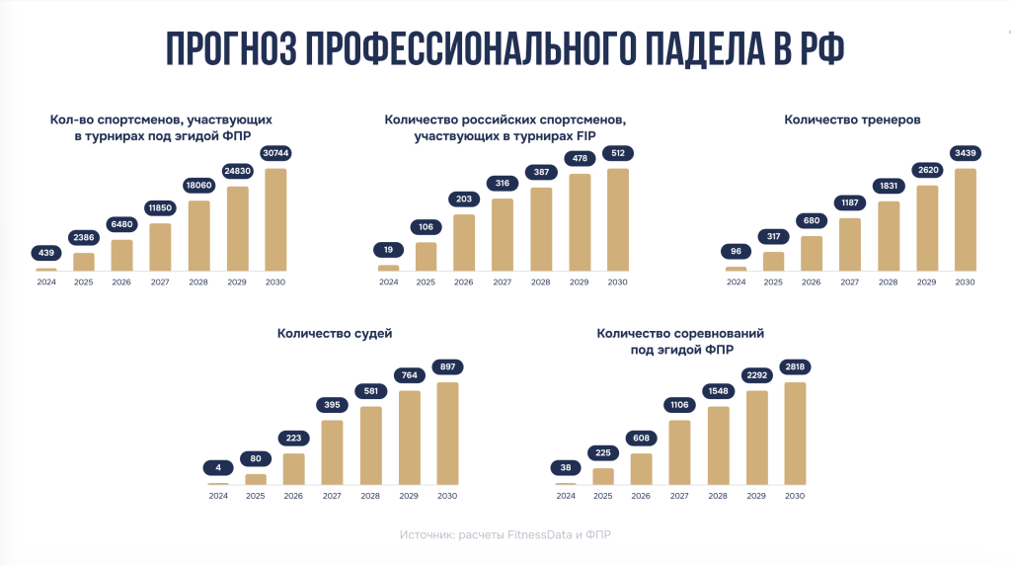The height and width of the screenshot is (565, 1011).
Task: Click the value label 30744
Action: point(275,153)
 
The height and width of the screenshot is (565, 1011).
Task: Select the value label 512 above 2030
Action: point(617,153)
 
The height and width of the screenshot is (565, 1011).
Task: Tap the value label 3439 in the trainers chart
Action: point(965,153)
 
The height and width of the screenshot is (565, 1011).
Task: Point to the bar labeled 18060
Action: point(198,235)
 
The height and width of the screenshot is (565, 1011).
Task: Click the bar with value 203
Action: point(464,242)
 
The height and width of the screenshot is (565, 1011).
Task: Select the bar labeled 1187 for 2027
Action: point(850,244)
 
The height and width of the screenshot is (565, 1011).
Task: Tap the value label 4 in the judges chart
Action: point(217,467)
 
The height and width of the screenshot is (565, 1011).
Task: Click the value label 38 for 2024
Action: point(565,467)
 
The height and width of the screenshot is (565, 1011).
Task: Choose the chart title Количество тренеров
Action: point(852,121)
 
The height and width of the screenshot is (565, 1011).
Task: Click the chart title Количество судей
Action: point(328,334)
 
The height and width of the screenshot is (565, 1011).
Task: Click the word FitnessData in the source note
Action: point(543,534)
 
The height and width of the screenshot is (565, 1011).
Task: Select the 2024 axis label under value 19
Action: point(389,282)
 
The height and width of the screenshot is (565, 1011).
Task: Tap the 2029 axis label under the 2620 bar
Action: point(926,282)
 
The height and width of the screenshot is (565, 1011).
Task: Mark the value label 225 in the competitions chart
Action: point(603,453)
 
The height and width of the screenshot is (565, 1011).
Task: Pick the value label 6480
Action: point(121,223)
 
